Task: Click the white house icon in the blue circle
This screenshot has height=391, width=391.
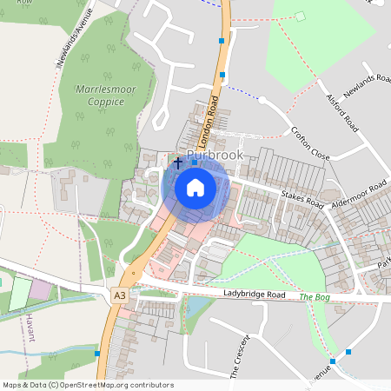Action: click(x=195, y=187)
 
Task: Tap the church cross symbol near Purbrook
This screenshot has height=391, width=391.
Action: click(x=178, y=162)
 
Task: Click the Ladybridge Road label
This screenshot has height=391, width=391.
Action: click(x=254, y=295)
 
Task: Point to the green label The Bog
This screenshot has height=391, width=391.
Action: click(x=317, y=297)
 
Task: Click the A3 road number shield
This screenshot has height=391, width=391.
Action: click(x=120, y=295)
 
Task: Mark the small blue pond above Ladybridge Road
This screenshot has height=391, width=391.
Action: click(x=195, y=307)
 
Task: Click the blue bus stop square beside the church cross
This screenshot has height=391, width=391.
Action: click(x=194, y=162)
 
